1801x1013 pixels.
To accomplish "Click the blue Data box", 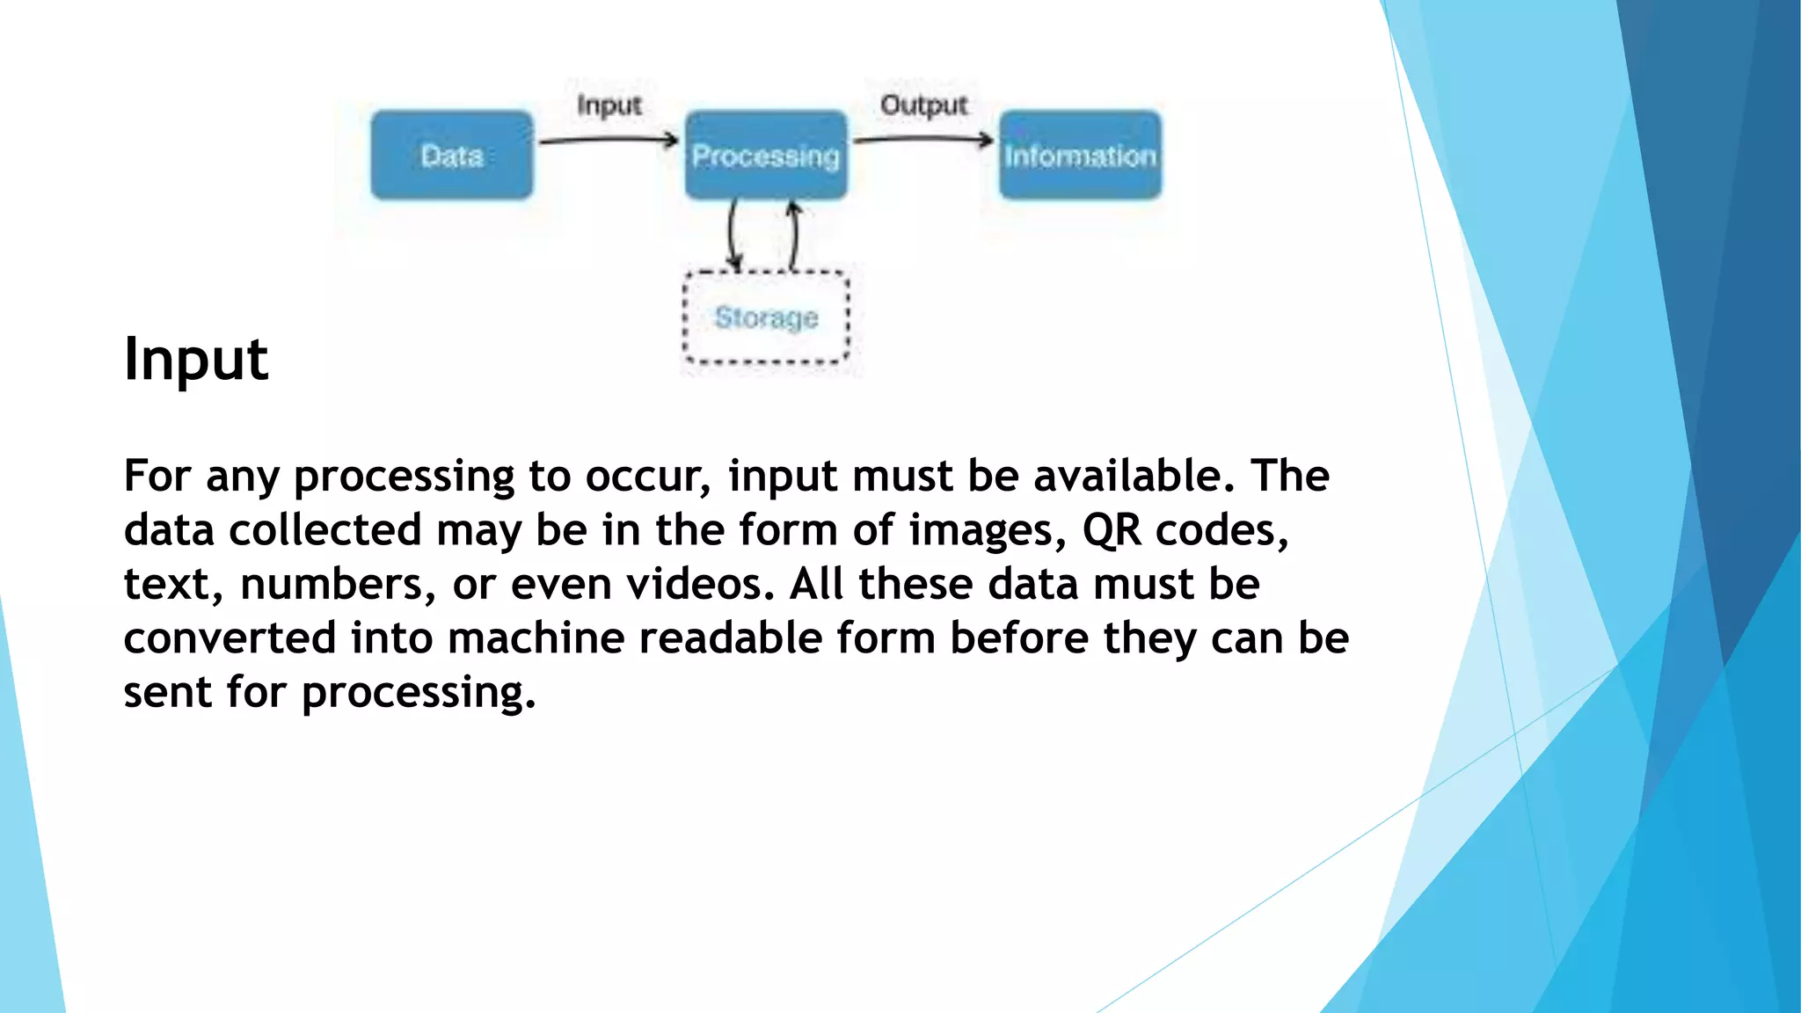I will tap(451, 155).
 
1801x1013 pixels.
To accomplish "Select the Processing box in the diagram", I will tap(766, 155).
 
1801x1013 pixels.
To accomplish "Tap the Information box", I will tap(1080, 155).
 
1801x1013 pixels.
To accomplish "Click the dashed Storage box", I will tap(766, 317).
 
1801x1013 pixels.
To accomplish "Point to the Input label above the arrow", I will tap(609, 106).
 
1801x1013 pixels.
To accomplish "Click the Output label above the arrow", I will tap(923, 106).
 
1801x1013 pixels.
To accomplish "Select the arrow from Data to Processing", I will tap(609, 140).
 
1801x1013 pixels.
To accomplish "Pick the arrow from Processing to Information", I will tap(923, 139).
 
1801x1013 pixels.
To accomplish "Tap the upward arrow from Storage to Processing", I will tap(794, 234).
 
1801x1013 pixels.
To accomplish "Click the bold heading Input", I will tap(195, 359).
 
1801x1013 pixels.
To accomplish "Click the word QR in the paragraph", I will tap(1112, 530).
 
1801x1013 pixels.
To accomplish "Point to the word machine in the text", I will tap(536, 638).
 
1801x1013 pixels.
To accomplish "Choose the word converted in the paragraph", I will tap(230, 638).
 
